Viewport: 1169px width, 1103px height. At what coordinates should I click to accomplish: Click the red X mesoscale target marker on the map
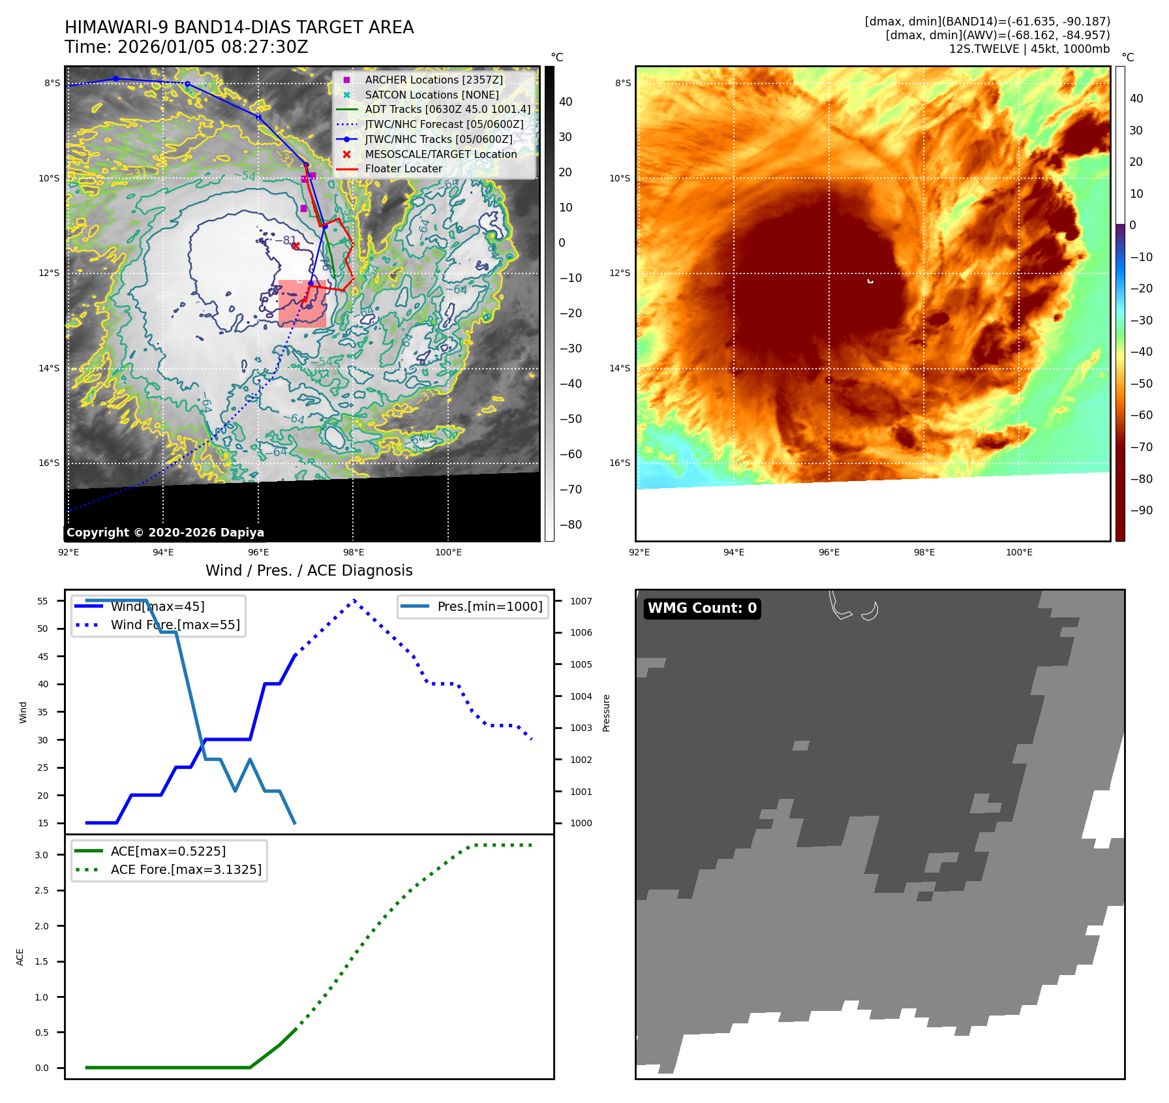(x=296, y=245)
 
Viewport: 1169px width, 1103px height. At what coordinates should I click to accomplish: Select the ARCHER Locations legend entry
(x=434, y=80)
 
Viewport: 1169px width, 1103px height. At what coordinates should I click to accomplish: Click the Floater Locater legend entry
(x=403, y=168)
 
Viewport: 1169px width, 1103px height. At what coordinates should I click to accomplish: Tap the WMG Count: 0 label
(x=702, y=608)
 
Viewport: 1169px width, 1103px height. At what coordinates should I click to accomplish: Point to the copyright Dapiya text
(x=165, y=533)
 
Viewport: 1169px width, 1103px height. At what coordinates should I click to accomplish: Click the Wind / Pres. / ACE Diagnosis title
(x=309, y=570)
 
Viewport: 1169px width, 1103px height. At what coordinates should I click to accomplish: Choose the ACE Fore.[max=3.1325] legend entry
(x=186, y=869)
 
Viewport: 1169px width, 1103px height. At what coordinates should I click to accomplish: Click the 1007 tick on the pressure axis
(x=581, y=601)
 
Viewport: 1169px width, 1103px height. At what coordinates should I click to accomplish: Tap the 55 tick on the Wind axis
(x=43, y=601)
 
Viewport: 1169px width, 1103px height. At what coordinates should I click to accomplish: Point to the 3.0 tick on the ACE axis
(x=42, y=855)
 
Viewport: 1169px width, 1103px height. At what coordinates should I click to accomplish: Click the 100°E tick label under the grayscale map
(x=448, y=552)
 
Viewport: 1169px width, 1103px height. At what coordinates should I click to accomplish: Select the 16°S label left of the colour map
(x=620, y=463)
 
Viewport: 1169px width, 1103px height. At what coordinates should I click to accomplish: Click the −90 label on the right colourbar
(x=1141, y=510)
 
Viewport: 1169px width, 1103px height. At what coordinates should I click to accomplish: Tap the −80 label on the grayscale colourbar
(x=570, y=525)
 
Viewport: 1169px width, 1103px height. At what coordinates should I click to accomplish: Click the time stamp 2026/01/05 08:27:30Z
(x=187, y=47)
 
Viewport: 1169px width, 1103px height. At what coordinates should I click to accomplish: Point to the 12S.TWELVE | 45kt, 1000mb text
(x=1029, y=49)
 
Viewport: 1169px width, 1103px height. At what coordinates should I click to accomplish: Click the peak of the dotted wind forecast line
(x=354, y=600)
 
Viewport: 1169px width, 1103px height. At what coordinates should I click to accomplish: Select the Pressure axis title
(x=606, y=713)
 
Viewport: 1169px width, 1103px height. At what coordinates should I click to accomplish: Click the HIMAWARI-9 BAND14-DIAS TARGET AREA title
(x=239, y=27)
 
